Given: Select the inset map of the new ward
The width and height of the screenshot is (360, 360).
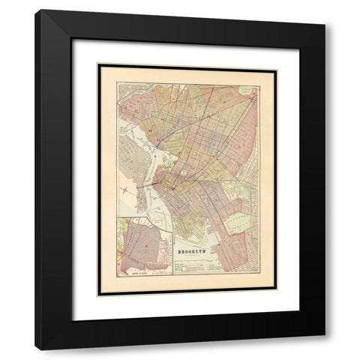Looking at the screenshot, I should pyautogui.click(x=144, y=246).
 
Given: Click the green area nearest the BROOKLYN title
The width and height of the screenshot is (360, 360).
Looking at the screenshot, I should pyautogui.click(x=193, y=225).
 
